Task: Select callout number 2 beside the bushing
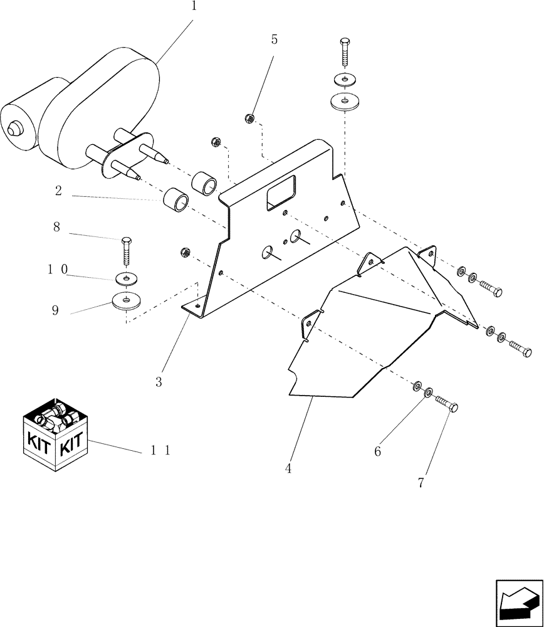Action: pos(58,192)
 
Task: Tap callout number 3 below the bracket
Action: pos(159,382)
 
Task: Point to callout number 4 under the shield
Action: pos(288,468)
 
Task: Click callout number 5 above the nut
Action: pos(274,40)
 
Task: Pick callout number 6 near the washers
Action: pos(377,451)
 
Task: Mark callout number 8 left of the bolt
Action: pos(56,227)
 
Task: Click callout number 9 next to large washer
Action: pos(55,310)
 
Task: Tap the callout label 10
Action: pos(58,269)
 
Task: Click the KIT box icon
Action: pos(57,435)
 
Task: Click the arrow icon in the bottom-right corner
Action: pos(518,603)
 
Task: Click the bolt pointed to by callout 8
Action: pos(127,253)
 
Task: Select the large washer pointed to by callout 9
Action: pos(127,302)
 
